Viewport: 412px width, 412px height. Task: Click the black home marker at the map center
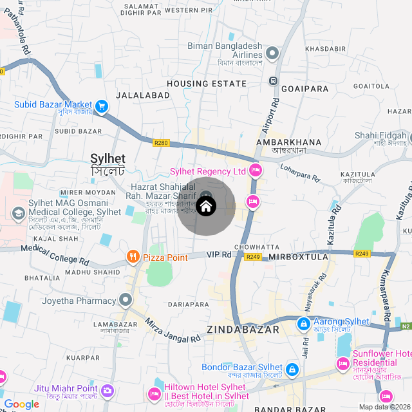point(206,207)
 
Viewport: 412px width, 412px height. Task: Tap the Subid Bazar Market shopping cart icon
point(101,106)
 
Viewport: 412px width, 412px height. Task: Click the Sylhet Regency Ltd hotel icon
point(256,171)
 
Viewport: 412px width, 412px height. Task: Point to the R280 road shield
point(161,143)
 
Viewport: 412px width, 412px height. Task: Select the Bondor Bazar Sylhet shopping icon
point(292,370)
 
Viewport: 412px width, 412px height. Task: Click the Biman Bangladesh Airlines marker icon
point(272,53)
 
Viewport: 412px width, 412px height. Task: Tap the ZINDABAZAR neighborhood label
point(243,330)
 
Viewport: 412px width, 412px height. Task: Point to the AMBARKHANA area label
point(288,142)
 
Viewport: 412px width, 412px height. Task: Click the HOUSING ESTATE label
point(206,84)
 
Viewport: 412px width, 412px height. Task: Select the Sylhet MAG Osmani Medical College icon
point(19,212)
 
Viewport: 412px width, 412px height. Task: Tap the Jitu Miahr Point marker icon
point(108,389)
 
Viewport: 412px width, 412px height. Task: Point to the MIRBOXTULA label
point(298,257)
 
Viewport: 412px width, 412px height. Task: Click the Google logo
point(21,404)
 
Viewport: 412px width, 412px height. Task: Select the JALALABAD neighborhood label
point(143,95)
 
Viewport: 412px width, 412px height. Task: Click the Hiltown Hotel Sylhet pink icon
point(154,393)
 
